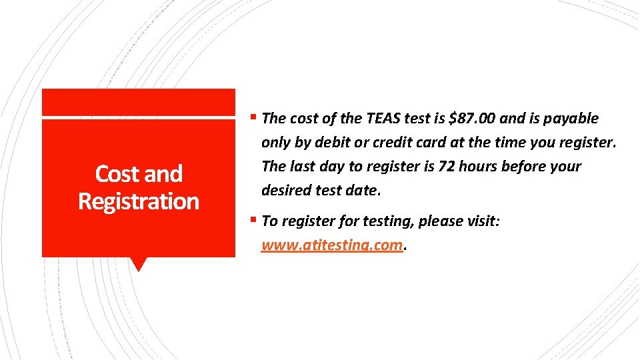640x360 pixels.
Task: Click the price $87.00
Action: point(473,119)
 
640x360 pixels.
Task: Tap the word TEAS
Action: point(384,119)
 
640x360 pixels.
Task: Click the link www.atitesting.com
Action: point(332,245)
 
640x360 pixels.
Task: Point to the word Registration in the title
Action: point(139,201)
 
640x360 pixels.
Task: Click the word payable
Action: point(572,119)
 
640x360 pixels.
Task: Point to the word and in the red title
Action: point(163,174)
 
